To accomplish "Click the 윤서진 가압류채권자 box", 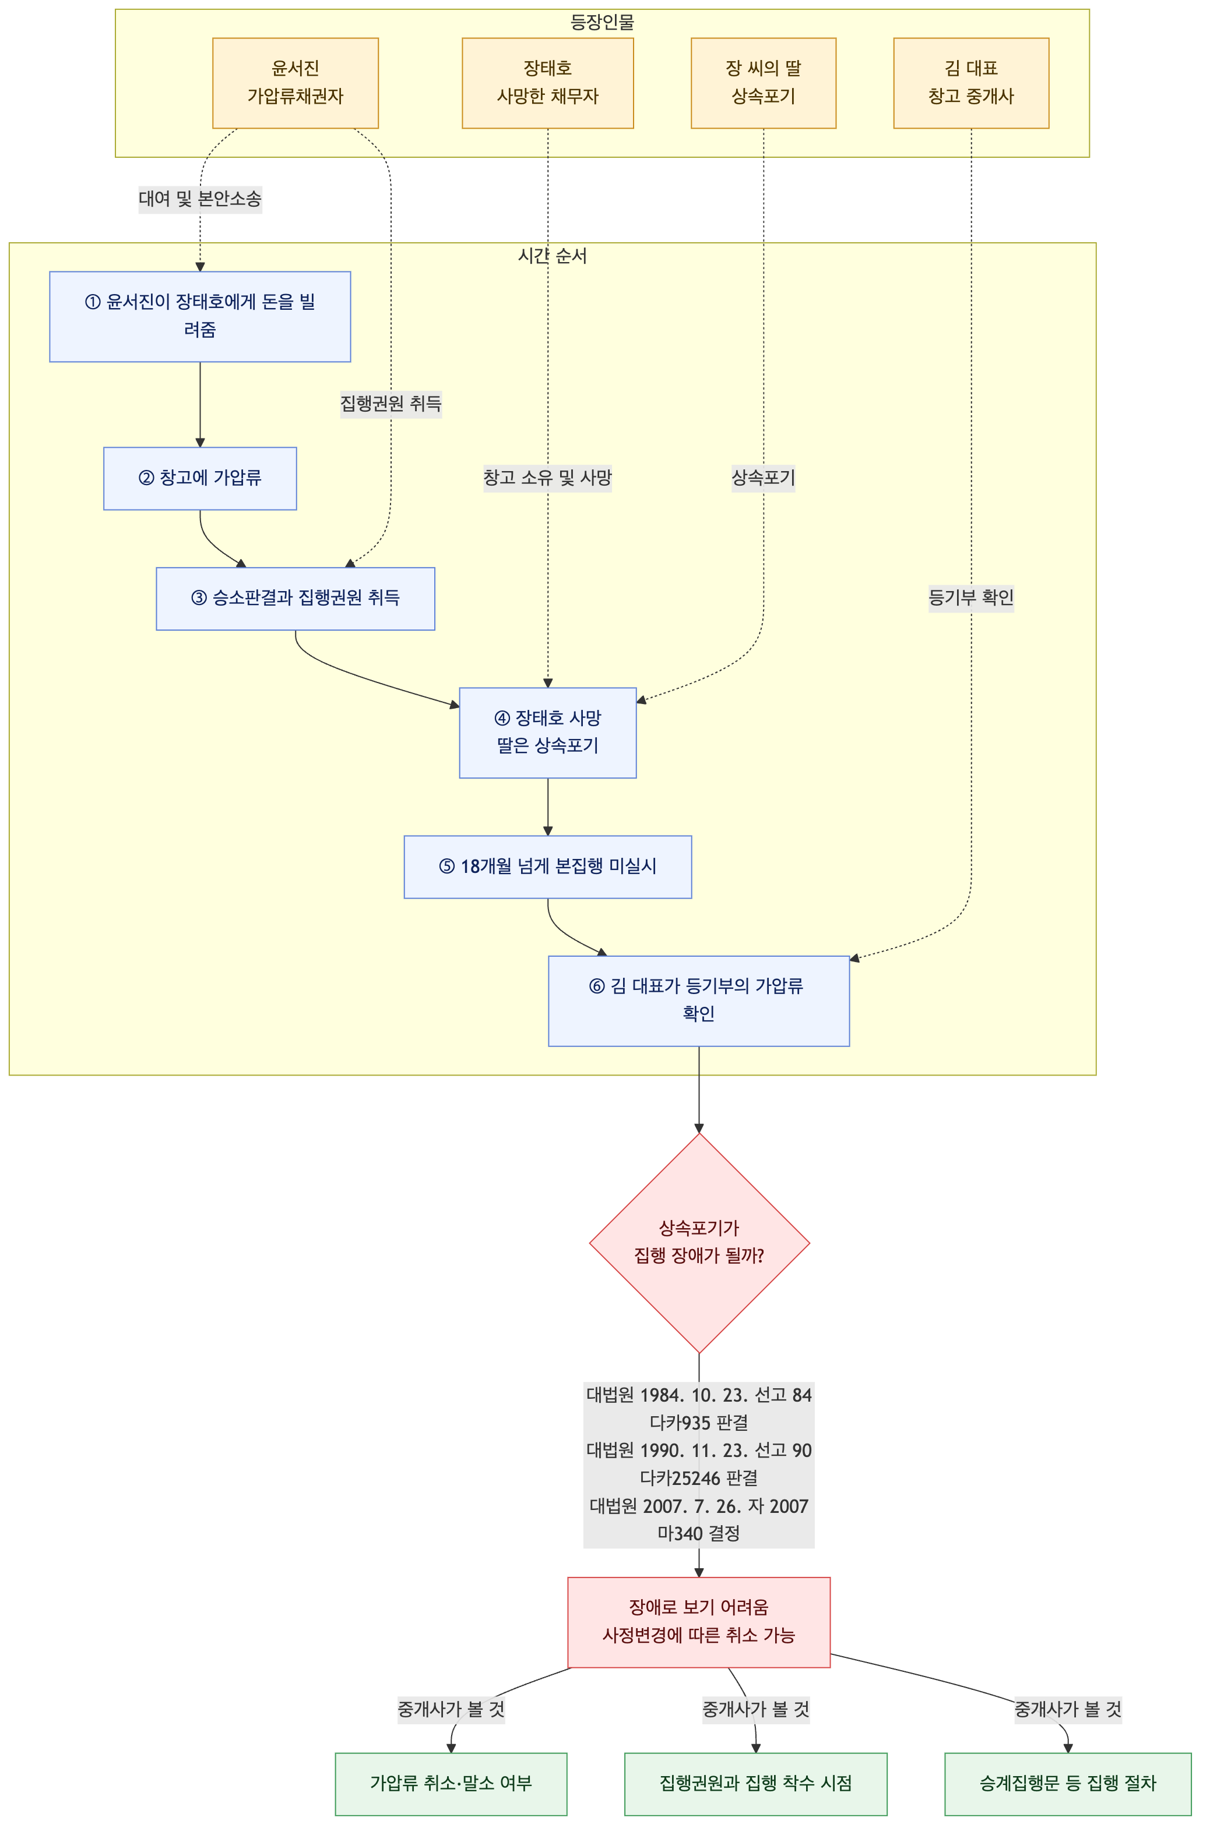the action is pyautogui.click(x=296, y=83).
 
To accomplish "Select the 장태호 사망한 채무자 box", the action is pyautogui.click(x=547, y=83).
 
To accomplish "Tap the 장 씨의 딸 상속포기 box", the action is pyautogui.click(x=763, y=83).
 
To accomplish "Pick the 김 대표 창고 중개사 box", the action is pyautogui.click(x=970, y=83).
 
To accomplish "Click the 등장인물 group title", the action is pyautogui.click(x=602, y=22).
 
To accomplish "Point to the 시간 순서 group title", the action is pyautogui.click(x=552, y=256).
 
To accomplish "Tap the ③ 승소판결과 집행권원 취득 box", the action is pyautogui.click(x=296, y=598).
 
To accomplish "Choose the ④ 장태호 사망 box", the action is pyautogui.click(x=547, y=733).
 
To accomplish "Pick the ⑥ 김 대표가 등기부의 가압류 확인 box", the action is pyautogui.click(x=698, y=1000).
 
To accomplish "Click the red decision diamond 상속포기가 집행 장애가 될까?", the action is pyautogui.click(x=699, y=1243).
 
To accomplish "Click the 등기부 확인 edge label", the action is pyautogui.click(x=970, y=597).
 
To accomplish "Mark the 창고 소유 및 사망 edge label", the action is pyautogui.click(x=547, y=478).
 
